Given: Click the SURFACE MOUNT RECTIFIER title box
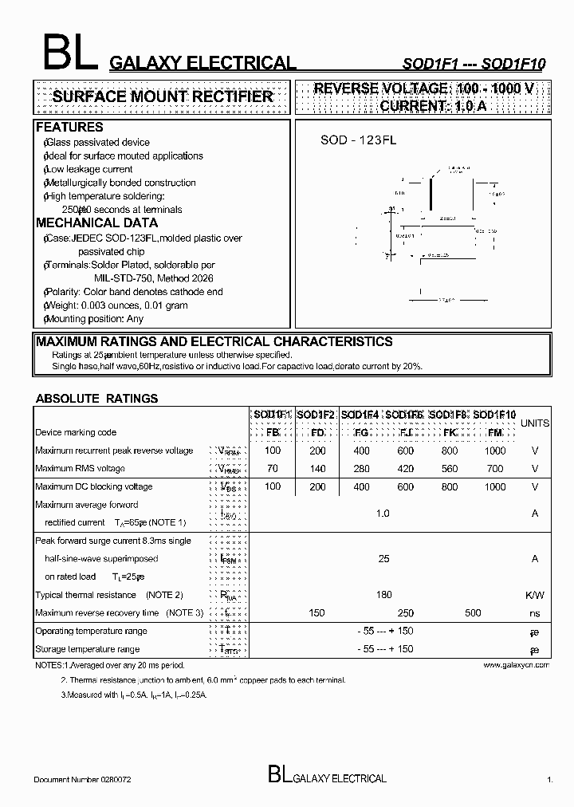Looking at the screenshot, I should [162, 96].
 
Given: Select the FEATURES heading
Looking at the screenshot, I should [69, 127].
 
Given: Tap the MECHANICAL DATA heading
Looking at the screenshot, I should [96, 222].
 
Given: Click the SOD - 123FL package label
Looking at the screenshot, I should [358, 140].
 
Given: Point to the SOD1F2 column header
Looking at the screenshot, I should [316, 415].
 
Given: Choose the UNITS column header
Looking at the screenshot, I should [534, 423].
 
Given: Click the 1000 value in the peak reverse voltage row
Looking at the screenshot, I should [494, 451].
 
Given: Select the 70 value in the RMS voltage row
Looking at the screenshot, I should [273, 468].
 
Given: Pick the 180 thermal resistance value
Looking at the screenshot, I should [383, 595].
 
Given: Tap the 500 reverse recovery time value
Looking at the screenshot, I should [473, 612].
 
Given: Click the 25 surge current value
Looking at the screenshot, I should [383, 559].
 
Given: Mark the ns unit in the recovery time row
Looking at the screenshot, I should [534, 613].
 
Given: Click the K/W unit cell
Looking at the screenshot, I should [534, 595].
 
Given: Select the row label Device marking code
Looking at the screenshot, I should [76, 432].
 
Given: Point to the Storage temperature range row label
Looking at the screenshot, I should [87, 649].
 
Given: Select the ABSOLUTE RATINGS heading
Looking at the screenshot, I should [96, 398].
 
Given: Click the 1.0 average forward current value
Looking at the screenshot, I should [383, 514].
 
